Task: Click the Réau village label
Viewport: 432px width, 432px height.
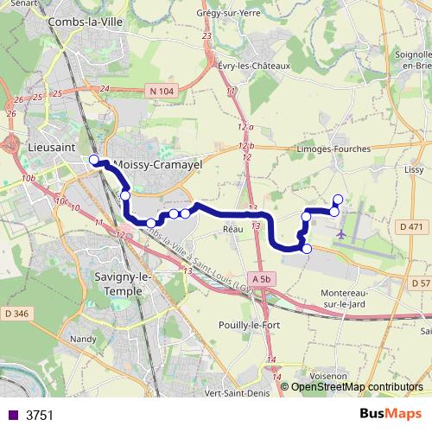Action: coord(232,229)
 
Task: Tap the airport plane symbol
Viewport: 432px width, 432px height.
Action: coord(343,234)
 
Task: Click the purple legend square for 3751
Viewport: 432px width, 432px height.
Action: coord(13,415)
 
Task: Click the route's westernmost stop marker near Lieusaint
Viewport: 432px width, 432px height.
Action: coord(94,159)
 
